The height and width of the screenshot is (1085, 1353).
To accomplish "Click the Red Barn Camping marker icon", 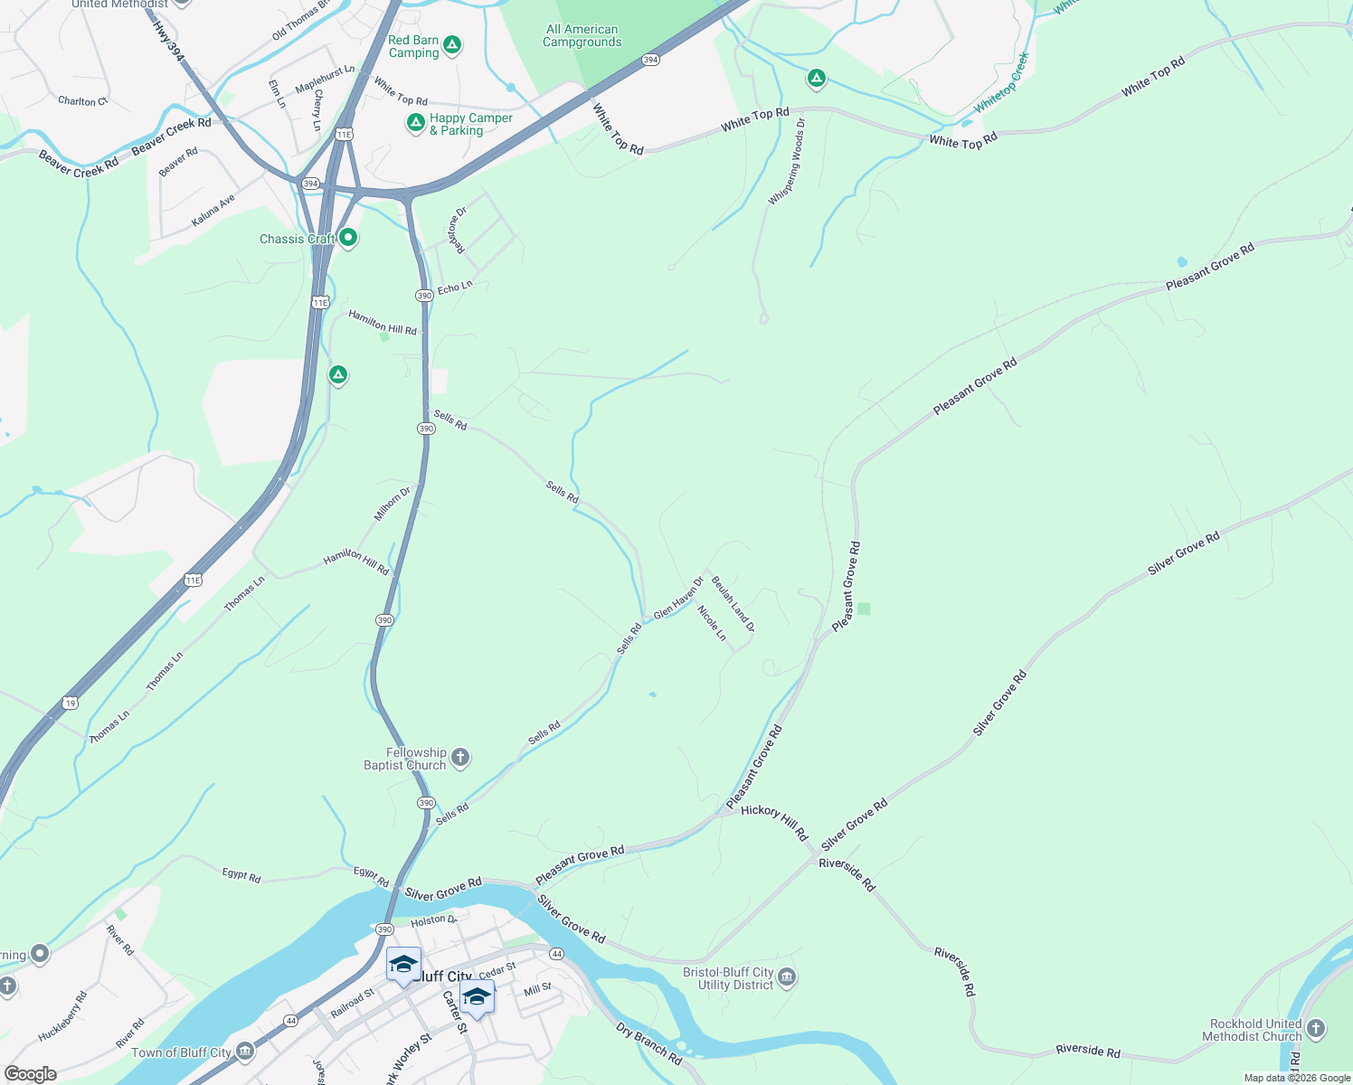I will pos(452,44).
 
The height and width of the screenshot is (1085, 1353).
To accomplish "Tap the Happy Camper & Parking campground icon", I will pos(415,123).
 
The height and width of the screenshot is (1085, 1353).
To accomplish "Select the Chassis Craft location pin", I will pos(348,239).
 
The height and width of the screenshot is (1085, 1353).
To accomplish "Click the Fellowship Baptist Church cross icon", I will pos(460,758).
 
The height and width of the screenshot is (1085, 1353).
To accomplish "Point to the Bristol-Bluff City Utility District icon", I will pos(787,977).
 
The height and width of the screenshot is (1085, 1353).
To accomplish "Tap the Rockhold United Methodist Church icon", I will pos(1316,1029).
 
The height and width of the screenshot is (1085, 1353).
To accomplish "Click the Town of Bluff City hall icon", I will pos(244,1052).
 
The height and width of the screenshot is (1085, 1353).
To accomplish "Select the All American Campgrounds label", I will pos(582,36).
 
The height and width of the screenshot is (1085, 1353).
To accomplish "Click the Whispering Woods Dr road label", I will pos(786,161).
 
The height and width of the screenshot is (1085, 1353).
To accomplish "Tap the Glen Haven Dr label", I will pos(678,599).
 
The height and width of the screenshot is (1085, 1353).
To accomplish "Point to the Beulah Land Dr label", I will pos(733,603).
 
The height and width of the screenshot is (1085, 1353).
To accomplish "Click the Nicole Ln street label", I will pos(712,623).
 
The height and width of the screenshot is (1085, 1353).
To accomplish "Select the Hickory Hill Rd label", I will pos(774,821).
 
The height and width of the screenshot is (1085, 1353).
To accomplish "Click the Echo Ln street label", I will pos(455,288).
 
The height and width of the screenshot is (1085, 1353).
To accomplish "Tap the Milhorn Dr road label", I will pos(393,504).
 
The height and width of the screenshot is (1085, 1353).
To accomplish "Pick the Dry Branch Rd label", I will pos(648,1043).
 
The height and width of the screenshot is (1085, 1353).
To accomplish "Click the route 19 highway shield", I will pos(71,703).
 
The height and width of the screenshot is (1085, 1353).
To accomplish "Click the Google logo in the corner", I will pos(30,1074).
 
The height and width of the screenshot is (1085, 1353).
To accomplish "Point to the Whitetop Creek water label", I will pos(1002,82).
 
